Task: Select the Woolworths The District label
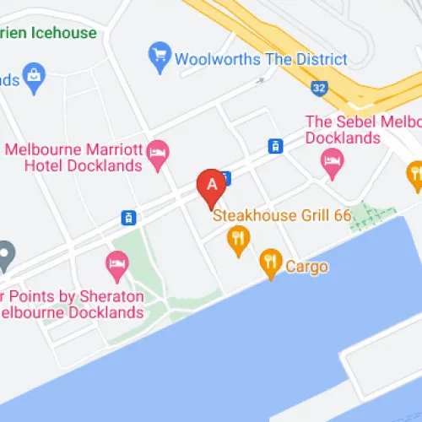pos(261,60)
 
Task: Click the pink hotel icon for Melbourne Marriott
pos(158,154)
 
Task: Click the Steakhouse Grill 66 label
pos(281,215)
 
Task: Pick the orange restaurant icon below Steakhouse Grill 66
pos(239,241)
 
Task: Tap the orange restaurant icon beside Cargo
pos(270,264)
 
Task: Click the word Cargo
pos(306,267)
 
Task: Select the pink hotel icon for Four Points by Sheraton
pos(116,266)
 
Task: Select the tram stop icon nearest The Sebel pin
pos(274,146)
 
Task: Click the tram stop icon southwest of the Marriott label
pos(128,218)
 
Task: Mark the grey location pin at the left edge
pos(5,253)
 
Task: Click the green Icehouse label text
pos(51,33)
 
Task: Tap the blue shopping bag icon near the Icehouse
pos(34,76)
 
